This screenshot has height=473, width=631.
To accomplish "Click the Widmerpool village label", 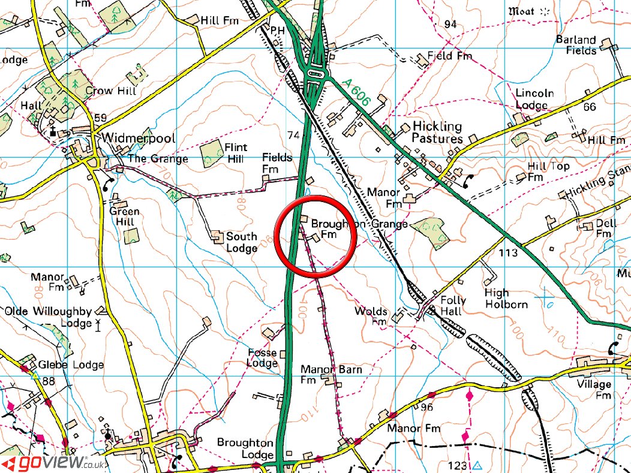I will [139, 138].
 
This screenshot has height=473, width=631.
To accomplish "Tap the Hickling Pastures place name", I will [437, 132].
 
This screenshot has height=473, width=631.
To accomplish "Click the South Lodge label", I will [241, 242].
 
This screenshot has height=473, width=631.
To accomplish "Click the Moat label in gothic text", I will [521, 10].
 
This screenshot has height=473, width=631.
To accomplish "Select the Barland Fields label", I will [576, 45].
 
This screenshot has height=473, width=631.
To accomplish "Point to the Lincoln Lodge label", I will [534, 100].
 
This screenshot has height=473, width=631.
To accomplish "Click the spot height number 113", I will [507, 253].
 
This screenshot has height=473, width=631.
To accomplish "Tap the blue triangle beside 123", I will [477, 465].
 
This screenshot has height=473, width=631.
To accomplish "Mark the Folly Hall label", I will [451, 306].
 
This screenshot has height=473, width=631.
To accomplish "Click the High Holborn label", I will [506, 299].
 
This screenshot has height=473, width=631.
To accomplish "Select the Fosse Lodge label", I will [262, 358].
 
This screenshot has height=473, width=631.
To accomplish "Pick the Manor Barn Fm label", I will [331, 375].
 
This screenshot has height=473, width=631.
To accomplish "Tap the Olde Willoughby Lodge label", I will [49, 317].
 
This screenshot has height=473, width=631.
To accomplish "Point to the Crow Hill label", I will [111, 91].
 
